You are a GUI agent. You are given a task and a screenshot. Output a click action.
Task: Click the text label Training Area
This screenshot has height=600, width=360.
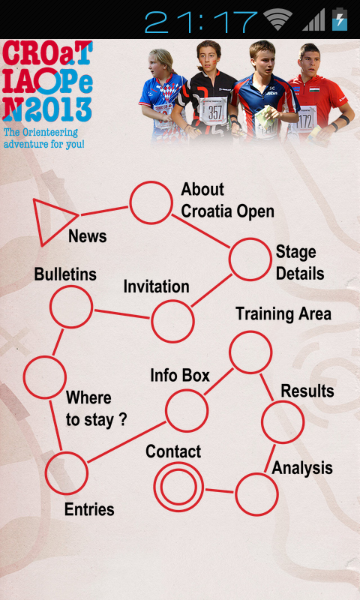pos(283,313)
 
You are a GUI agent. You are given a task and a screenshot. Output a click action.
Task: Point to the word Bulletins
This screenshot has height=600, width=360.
pos(65,274)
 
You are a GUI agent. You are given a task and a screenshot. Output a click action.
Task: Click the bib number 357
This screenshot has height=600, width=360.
pos(214,112)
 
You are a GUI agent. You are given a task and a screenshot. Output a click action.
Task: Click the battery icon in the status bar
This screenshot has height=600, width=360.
pos(340,19)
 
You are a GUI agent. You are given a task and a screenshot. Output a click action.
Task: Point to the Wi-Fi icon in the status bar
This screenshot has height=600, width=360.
pos(277,20)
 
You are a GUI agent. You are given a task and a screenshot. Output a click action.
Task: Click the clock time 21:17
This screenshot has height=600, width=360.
pos(201,22)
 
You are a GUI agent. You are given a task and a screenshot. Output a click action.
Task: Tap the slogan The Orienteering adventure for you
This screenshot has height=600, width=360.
pos(43,138)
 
